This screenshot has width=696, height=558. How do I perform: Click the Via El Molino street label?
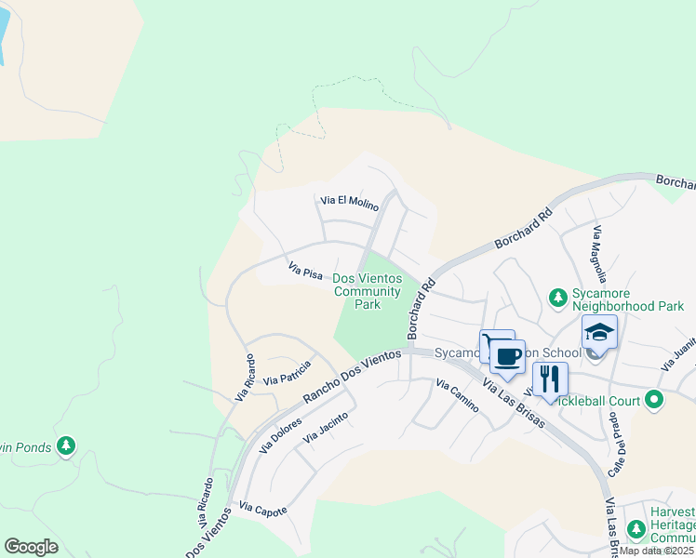[349, 202]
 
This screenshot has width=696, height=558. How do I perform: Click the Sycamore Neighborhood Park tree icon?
[557, 298]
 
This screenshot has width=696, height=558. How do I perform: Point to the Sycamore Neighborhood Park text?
[627, 299]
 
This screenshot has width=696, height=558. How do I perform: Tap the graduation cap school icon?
[600, 332]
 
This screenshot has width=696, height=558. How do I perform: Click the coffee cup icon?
[507, 356]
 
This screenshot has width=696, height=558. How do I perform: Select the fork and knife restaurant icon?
[550, 379]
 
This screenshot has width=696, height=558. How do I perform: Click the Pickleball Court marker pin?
[654, 401]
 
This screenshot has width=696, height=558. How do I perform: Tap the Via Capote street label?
[262, 510]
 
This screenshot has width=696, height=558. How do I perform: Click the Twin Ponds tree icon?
[65, 446]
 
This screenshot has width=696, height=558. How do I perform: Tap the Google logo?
[31, 547]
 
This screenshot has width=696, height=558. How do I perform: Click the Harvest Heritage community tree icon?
[636, 530]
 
